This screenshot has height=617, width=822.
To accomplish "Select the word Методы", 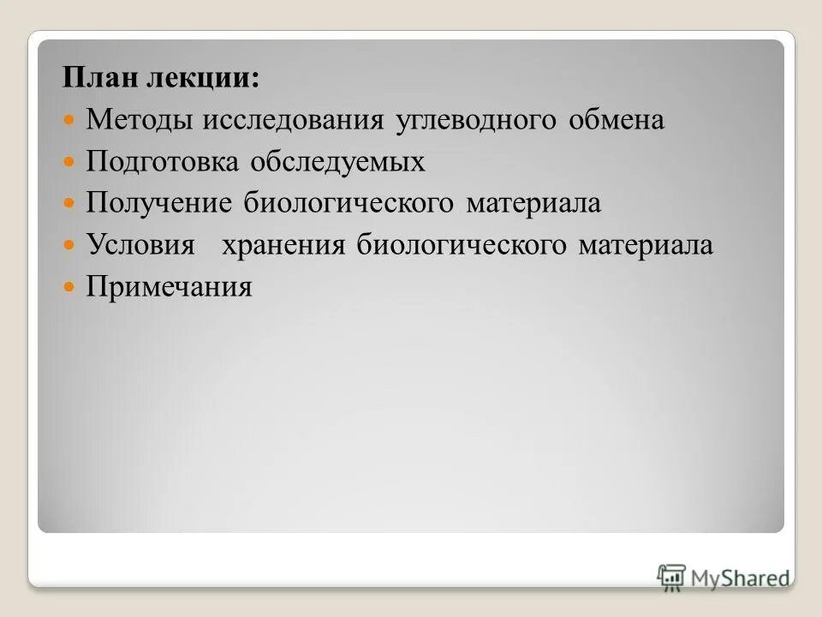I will pyautogui.click(x=140, y=121).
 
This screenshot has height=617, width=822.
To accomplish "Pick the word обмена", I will pyautogui.click(x=615, y=121).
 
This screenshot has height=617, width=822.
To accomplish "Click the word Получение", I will pyautogui.click(x=159, y=204).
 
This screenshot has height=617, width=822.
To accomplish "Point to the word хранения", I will pyautogui.click(x=283, y=245).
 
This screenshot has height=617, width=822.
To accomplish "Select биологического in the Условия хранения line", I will pyautogui.click(x=462, y=245).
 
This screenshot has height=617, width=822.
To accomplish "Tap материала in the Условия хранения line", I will pyautogui.click(x=645, y=245).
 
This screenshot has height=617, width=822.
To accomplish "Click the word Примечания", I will pyautogui.click(x=170, y=287).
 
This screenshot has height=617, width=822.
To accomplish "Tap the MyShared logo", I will pyautogui.click(x=724, y=576).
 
